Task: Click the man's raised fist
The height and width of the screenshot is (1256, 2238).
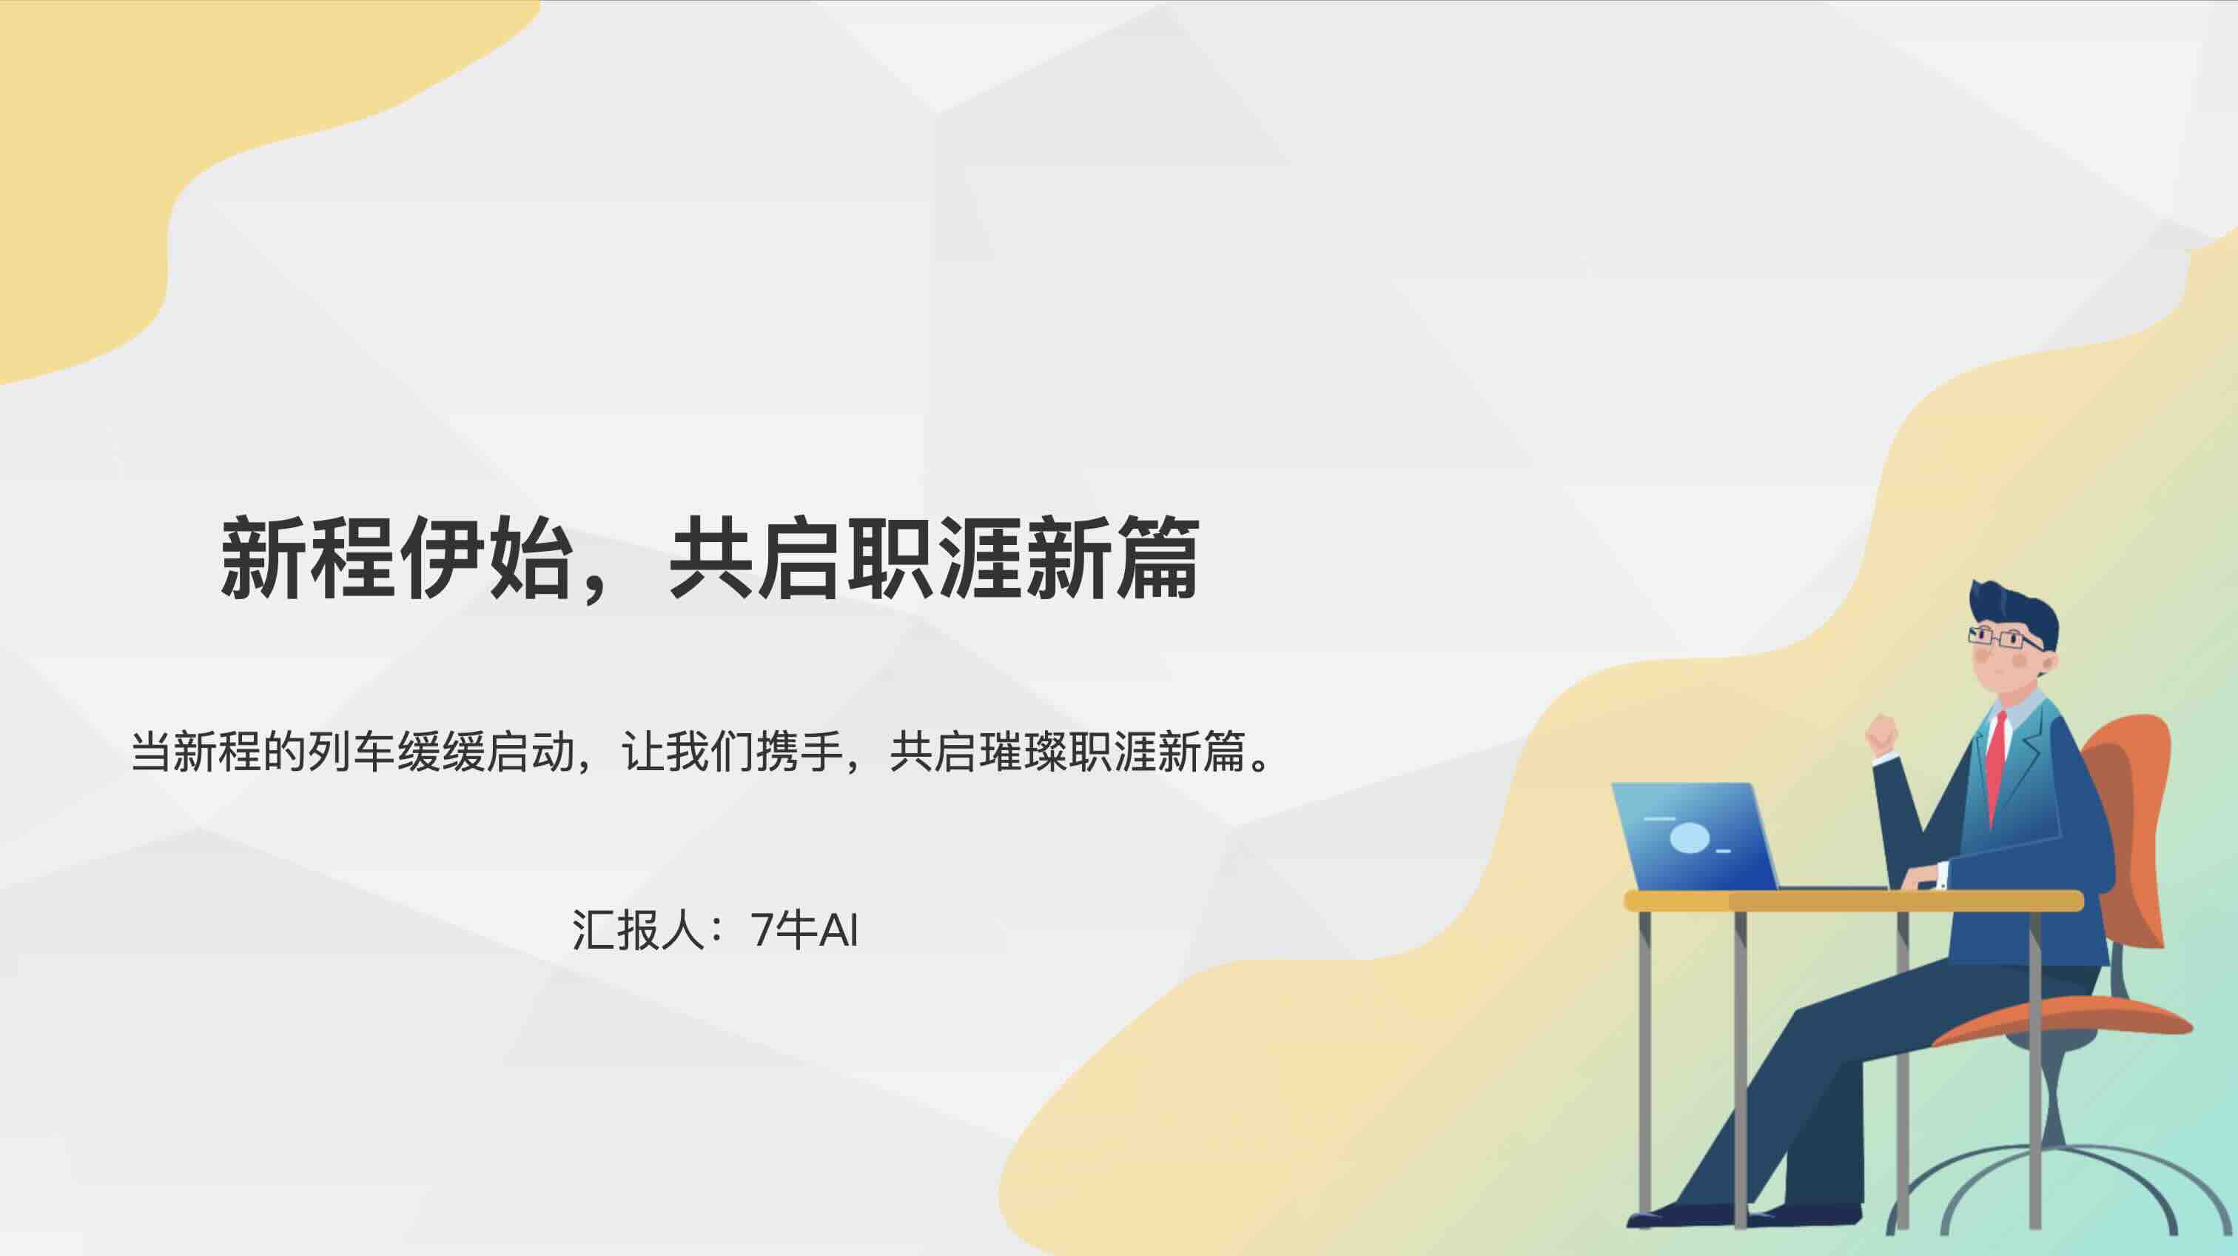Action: point(1881,735)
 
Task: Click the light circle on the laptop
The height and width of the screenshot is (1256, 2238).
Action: point(1690,838)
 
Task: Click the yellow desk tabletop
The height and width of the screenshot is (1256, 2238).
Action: point(1854,901)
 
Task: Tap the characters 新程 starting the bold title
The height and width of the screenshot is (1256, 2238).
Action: point(309,558)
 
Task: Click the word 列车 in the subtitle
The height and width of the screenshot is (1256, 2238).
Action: point(351,752)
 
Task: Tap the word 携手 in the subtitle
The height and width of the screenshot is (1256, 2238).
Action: point(800,752)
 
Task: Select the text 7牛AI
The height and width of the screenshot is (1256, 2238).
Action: point(804,930)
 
